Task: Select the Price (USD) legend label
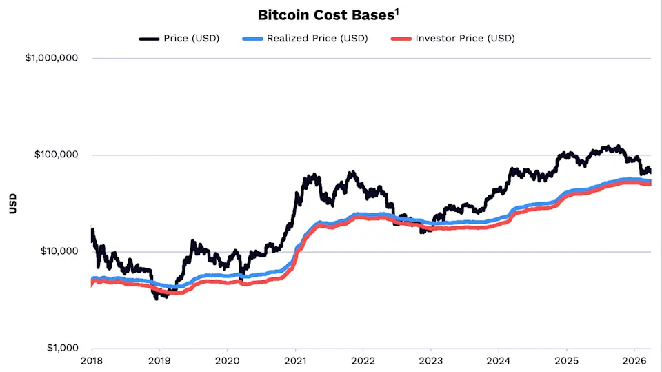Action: pos(191,38)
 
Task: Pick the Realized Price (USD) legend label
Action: pos(317,38)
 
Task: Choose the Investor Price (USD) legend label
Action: pos(465,38)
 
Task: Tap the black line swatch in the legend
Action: pos(149,39)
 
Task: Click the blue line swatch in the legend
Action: pos(252,39)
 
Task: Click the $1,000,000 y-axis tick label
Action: pos(52,58)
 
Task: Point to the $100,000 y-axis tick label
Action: pos(57,155)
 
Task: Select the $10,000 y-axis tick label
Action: pos(59,251)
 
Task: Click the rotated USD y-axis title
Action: pos(12,203)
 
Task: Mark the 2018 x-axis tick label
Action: pos(92,360)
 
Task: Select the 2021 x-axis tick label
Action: pos(295,360)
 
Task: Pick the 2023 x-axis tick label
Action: pos(431,360)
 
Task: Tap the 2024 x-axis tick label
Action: pos(499,360)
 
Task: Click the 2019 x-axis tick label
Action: pos(159,360)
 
